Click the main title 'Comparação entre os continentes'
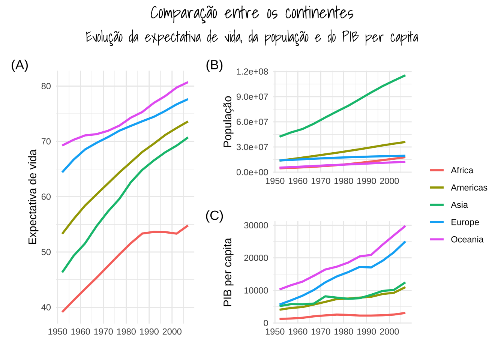[x=252, y=13]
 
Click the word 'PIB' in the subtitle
[x=351, y=37]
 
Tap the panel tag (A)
[x=20, y=65]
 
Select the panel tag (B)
[x=214, y=65]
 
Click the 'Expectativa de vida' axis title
[x=33, y=197]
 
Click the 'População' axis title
[x=228, y=121]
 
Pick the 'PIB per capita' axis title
[x=228, y=272]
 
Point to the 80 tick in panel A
[x=46, y=86]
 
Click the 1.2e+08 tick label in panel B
[x=252, y=72]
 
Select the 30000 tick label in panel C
[x=256, y=225]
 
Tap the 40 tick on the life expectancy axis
[x=46, y=307]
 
